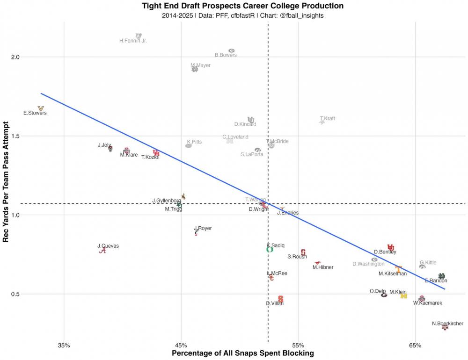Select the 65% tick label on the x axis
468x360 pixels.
pos(415,346)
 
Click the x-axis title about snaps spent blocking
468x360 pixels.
pos(243,353)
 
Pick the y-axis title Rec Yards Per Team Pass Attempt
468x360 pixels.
pos(7,181)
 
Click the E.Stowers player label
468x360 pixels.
pos(35,113)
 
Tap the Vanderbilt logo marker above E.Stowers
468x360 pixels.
pos(41,108)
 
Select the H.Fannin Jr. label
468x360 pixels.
pos(133,41)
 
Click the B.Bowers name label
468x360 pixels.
pos(226,55)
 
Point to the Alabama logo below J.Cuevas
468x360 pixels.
pos(102,251)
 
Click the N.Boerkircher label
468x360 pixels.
pos(447,324)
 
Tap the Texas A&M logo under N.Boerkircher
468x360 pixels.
pos(445,328)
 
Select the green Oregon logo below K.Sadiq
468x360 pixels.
pos(270,250)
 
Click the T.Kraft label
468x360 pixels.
pos(328,119)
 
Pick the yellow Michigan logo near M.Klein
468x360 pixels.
pos(404,295)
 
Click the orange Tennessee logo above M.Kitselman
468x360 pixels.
pos(398,269)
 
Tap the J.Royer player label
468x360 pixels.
pos(203,229)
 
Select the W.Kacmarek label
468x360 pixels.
pos(427,303)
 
